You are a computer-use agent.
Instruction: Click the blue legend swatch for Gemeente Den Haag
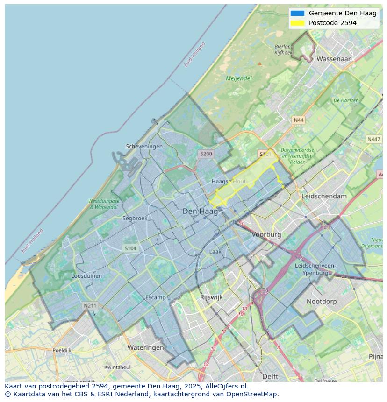coord(297,13)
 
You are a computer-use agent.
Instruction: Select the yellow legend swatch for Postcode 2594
coord(297,23)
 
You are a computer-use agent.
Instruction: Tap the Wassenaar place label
coord(333,59)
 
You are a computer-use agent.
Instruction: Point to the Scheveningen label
coord(144,147)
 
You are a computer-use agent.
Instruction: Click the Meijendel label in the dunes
coord(239,78)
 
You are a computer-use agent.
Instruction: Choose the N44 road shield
coord(298,120)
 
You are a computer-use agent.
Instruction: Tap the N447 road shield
coord(373,139)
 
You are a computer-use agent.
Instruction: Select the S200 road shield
coord(206,154)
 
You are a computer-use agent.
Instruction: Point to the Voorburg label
coord(266,234)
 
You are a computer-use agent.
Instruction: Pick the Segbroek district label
coord(135,218)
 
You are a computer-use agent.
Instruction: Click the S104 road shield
coord(130,248)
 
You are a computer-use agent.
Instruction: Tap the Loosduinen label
coord(86,276)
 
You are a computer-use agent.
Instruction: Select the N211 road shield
coord(90,306)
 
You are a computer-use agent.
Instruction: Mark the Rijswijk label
coord(211,297)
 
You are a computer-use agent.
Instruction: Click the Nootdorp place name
coord(322,302)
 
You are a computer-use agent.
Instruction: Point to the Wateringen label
coord(146,348)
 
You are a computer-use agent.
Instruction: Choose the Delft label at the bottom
coord(270,376)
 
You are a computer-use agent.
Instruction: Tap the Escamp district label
coord(156,297)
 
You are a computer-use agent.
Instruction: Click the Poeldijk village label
coord(62,350)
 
